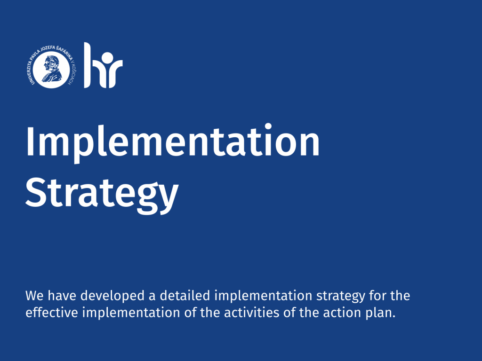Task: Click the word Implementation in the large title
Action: tap(173, 142)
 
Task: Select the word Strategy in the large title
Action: tap(102, 193)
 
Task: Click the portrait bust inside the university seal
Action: tap(52, 69)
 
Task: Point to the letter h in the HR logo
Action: tap(92, 65)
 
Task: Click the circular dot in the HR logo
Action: tap(107, 58)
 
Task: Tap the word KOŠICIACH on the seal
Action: tap(72, 75)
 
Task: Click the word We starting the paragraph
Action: tap(34, 296)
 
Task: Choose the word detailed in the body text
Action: tap(185, 295)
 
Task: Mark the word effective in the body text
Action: tap(52, 313)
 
